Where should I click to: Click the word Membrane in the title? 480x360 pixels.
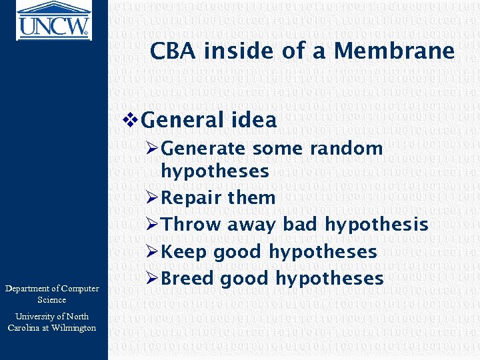[395, 51]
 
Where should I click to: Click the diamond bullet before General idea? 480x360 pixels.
[131, 120]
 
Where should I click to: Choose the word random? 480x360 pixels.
[347, 148]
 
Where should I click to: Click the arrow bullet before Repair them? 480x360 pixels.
[152, 198]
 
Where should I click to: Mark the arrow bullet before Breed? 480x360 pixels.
[152, 279]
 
